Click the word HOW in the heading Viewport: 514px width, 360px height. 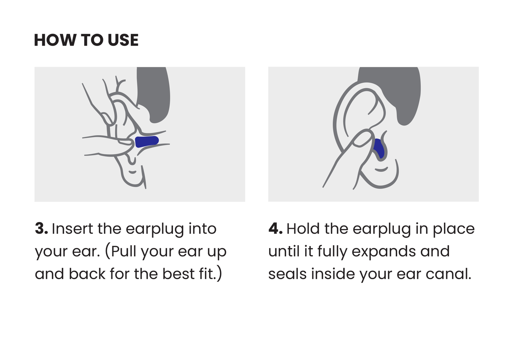pyautogui.click(x=55, y=40)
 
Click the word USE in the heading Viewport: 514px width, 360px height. pyautogui.click(x=123, y=40)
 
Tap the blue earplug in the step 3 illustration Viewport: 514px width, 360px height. pyautogui.click(x=147, y=142)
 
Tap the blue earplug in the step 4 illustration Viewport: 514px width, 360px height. pyautogui.click(x=379, y=148)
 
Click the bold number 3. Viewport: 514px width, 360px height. pyautogui.click(x=41, y=228)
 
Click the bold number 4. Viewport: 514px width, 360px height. pyautogui.click(x=275, y=228)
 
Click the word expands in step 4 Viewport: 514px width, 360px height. pyautogui.click(x=384, y=252)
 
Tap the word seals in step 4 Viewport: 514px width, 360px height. pyautogui.click(x=287, y=274)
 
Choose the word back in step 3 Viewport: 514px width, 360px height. pyautogui.click(x=87, y=274)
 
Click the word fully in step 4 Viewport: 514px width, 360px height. pyautogui.click(x=333, y=252)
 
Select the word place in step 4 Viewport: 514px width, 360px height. pyautogui.click(x=454, y=230)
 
